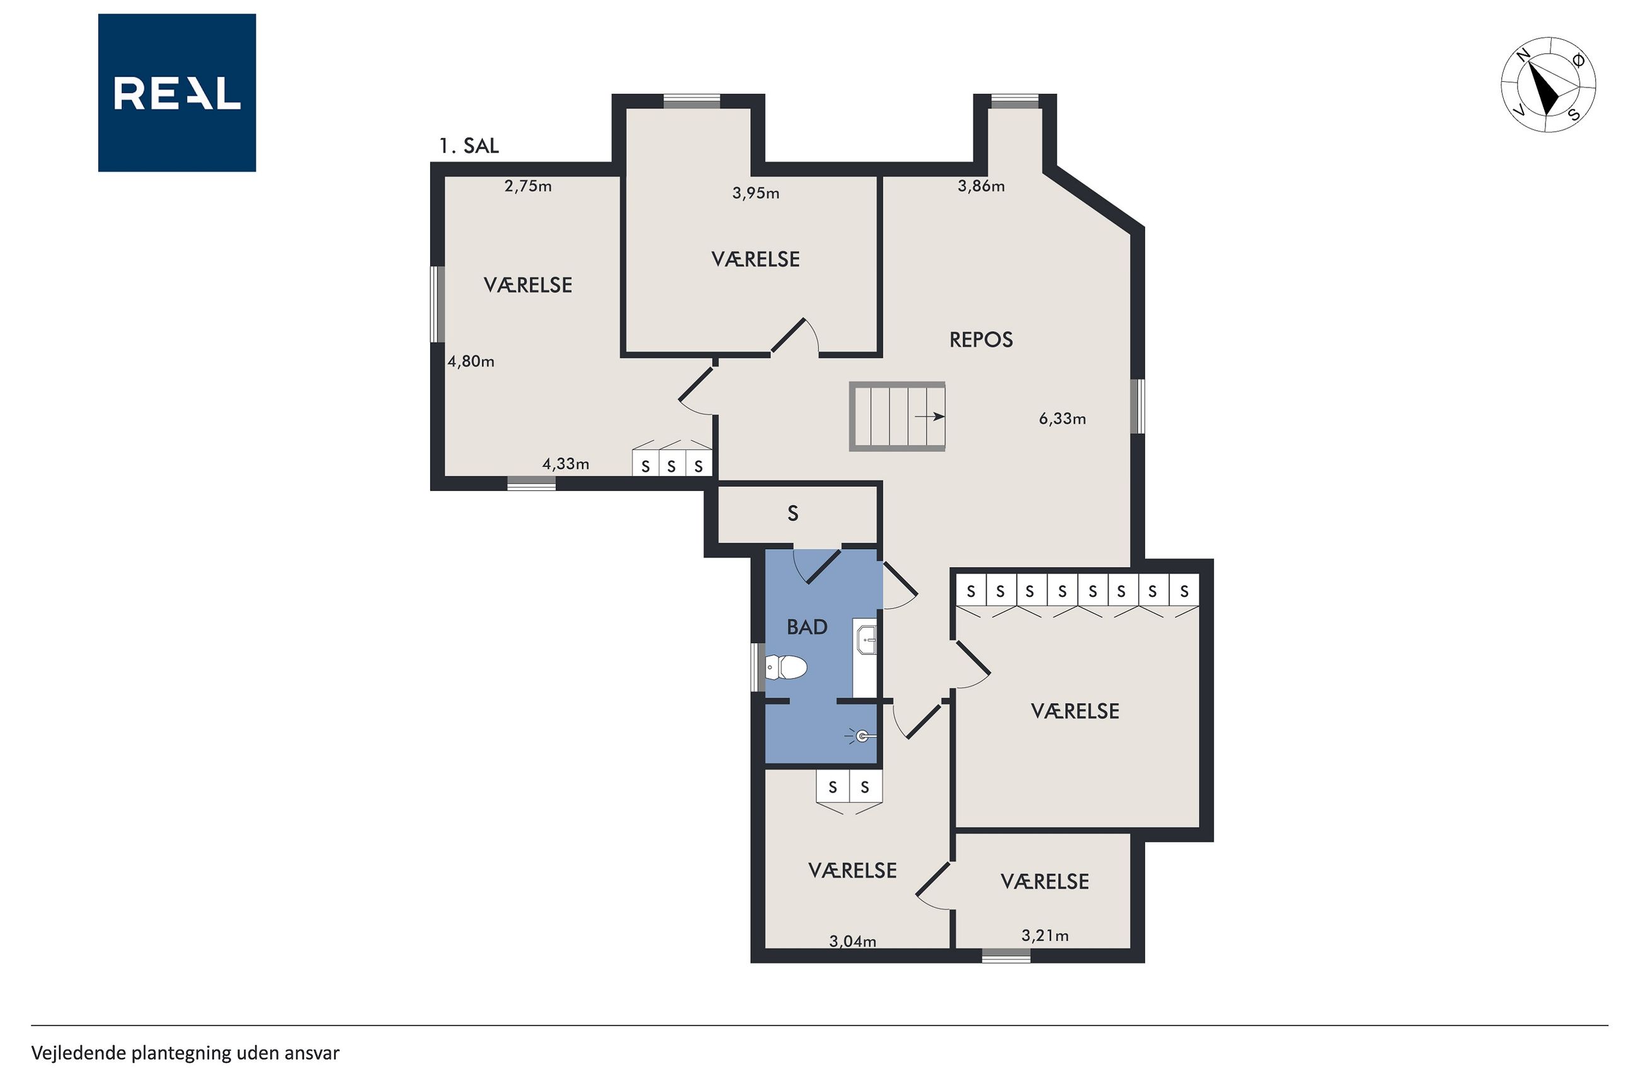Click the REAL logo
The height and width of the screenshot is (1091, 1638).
pos(177,93)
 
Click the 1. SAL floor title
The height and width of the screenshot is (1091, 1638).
pos(469,146)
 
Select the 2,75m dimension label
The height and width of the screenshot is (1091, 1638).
pos(528,186)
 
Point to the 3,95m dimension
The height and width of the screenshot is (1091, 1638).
pos(755,193)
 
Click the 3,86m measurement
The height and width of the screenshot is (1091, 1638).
pos(981,186)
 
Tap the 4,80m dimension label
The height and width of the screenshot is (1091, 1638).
pos(471,361)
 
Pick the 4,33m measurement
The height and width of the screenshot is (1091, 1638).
pos(565,463)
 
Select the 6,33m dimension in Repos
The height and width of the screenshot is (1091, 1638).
pos(1062,418)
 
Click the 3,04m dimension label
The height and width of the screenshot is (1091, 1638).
pos(852,941)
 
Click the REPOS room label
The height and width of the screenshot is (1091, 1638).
pos(981,339)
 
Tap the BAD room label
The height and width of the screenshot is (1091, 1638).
pos(807,627)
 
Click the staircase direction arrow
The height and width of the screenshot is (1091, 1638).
pos(929,417)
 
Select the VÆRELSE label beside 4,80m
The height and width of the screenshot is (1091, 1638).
pos(528,285)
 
